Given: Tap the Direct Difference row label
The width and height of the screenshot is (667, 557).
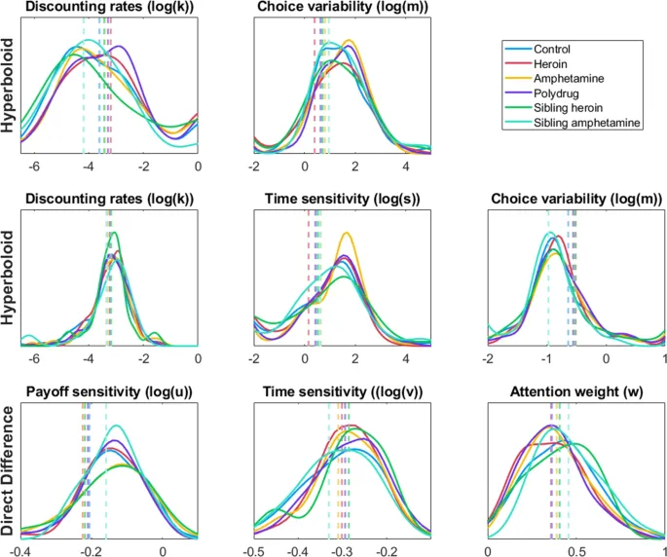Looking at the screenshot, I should [10, 468].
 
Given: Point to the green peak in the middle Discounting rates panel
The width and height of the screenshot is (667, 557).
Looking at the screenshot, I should [115, 234].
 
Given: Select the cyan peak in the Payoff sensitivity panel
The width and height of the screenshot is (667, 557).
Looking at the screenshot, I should [118, 426].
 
